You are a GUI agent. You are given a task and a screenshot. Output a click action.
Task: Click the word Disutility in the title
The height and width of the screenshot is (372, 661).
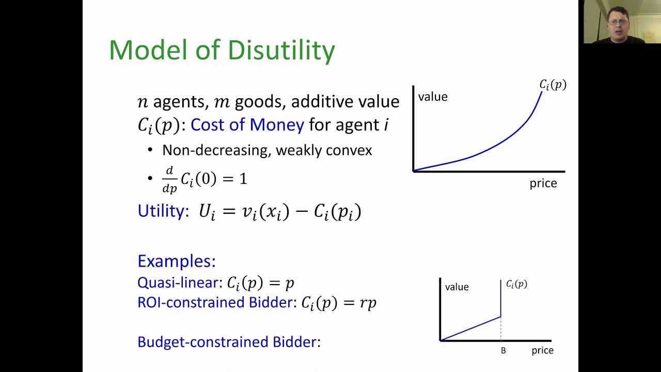(x=281, y=50)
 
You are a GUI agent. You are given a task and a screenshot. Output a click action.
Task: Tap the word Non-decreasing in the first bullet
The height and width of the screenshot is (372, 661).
(x=216, y=150)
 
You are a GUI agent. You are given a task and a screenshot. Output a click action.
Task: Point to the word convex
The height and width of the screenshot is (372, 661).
(x=349, y=150)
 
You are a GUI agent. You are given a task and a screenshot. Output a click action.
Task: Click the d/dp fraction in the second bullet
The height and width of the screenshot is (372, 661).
(x=169, y=179)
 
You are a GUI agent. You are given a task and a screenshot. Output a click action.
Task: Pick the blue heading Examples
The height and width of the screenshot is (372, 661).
(x=176, y=261)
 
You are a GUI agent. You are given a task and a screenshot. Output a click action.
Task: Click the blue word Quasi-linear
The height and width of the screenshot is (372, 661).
(x=178, y=283)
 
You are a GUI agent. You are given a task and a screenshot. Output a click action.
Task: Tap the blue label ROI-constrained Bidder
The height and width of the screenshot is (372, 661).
(x=215, y=302)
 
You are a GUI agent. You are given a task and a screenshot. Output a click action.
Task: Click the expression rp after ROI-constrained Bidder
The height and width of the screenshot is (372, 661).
(x=368, y=303)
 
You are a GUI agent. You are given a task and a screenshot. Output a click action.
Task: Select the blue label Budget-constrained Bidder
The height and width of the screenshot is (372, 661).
(x=227, y=342)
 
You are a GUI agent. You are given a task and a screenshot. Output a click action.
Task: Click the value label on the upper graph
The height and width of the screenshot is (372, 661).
(x=433, y=97)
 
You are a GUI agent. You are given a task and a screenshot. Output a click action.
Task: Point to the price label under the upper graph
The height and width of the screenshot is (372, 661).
(x=543, y=183)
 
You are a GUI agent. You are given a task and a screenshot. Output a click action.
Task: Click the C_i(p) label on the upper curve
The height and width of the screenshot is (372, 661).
(x=553, y=85)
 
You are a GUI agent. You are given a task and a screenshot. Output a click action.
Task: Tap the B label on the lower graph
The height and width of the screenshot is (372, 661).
(x=503, y=351)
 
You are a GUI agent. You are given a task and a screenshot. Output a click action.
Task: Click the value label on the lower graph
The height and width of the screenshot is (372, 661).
(x=457, y=287)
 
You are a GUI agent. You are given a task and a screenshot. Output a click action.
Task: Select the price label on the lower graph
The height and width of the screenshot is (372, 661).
(x=543, y=350)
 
